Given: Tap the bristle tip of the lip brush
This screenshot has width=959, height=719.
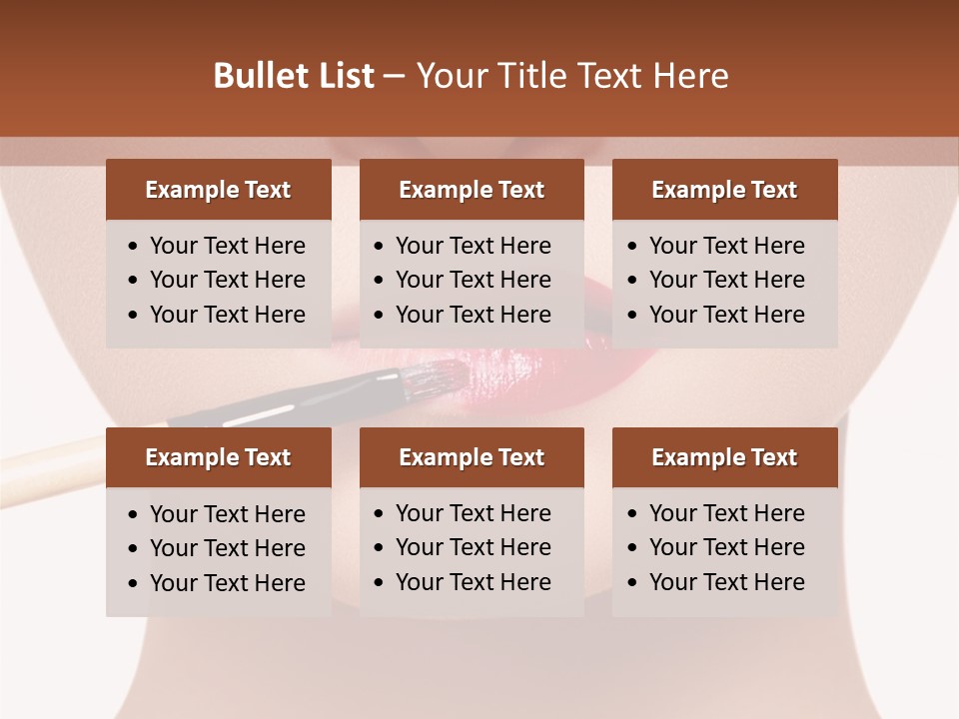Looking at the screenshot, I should [x=447, y=377].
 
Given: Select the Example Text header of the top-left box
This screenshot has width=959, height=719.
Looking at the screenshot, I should [x=218, y=190].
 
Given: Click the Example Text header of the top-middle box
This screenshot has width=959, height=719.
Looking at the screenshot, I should [x=472, y=190].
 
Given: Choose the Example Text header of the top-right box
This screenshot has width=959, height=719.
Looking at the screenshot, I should [x=724, y=190].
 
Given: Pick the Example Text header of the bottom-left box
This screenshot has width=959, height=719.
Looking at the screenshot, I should [x=218, y=457].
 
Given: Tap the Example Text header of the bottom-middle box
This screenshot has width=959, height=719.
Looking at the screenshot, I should [x=472, y=457].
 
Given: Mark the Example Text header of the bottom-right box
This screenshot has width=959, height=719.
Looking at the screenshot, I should [x=724, y=457].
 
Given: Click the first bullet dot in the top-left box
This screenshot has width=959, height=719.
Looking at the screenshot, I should [x=134, y=247].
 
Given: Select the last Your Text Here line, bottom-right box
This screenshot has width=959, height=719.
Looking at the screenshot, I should [x=726, y=581].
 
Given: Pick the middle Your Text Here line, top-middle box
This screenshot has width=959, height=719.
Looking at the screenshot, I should [x=473, y=280].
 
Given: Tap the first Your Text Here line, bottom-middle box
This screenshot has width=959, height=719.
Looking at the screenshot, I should [x=473, y=513].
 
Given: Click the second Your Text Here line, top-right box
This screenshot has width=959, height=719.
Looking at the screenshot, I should [x=726, y=280].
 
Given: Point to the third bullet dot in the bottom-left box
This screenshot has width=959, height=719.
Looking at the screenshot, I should [x=134, y=584].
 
